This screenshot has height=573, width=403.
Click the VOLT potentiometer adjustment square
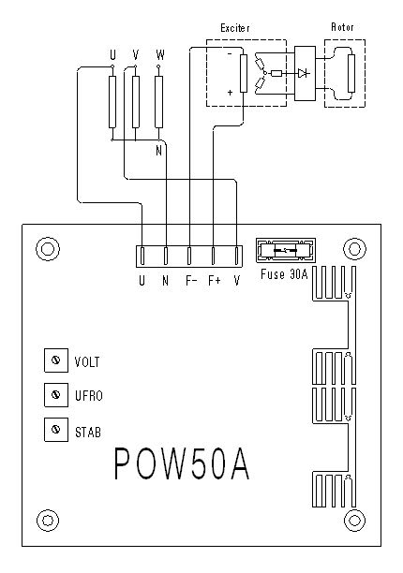(x=56, y=360)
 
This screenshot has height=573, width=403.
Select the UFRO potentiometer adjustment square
(x=56, y=395)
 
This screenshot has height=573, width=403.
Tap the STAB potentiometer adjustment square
(x=56, y=430)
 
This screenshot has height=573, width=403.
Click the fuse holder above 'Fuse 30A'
(x=286, y=250)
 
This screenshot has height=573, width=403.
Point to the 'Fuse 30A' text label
(x=284, y=274)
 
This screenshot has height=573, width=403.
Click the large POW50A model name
(x=182, y=463)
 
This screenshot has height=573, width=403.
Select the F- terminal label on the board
(x=191, y=281)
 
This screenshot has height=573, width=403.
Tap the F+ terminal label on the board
(x=215, y=281)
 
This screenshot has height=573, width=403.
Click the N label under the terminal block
(x=165, y=281)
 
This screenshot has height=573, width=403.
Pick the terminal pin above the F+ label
(x=213, y=256)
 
